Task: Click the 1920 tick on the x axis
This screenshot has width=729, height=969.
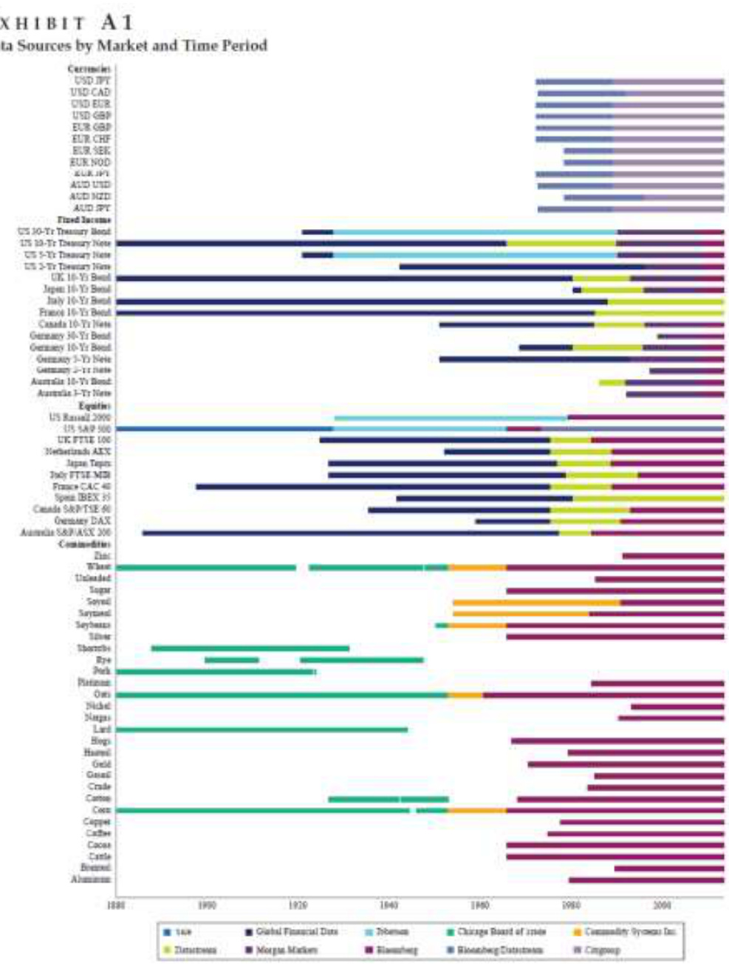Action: (x=298, y=904)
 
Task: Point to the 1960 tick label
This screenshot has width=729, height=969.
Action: (x=480, y=904)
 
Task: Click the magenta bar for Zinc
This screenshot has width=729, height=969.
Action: (x=673, y=555)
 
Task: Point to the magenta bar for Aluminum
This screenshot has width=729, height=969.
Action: (x=646, y=880)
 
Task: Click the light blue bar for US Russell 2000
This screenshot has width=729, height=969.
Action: (x=451, y=418)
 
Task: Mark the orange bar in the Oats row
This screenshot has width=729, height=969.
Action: (x=465, y=695)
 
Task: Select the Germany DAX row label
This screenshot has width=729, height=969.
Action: (x=92, y=521)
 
